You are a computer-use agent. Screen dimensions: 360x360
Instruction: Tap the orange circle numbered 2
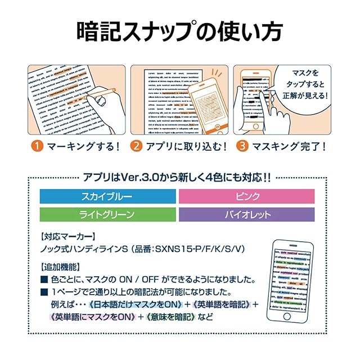click(137, 147)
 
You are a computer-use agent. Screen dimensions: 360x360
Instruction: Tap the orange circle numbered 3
click(241, 147)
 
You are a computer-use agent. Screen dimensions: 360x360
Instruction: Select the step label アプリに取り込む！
click(183, 147)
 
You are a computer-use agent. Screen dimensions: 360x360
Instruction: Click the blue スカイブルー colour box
click(106, 196)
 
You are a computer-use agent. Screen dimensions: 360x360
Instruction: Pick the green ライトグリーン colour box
click(106, 214)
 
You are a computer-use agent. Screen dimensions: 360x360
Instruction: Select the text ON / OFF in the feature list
click(156, 280)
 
